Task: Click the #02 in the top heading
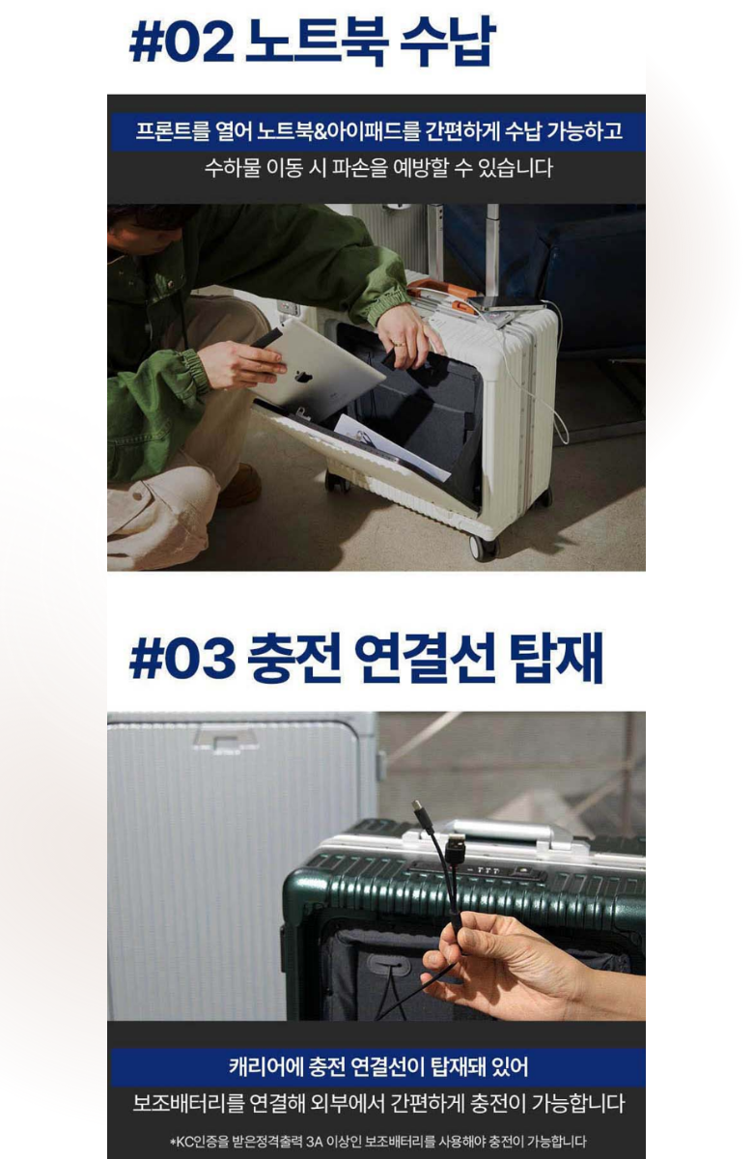click(181, 44)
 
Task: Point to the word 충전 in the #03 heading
click(293, 658)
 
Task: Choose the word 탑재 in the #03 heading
click(556, 658)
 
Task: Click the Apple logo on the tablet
click(302, 376)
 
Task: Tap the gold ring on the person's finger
click(400, 343)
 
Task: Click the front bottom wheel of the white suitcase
click(484, 547)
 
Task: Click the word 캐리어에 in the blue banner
click(264, 1066)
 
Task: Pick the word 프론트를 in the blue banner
click(172, 131)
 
